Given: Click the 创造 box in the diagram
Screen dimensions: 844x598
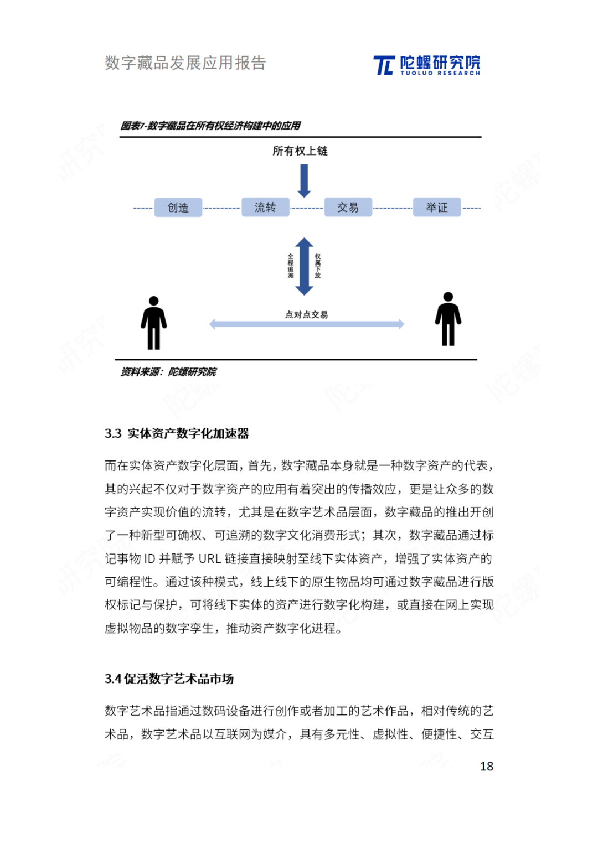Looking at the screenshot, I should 178,208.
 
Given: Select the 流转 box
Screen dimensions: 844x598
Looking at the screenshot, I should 265,208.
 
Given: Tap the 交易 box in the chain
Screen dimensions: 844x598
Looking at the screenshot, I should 348,208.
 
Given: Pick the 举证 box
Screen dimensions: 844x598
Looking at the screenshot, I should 436,208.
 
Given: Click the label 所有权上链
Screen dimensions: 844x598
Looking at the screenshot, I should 300,151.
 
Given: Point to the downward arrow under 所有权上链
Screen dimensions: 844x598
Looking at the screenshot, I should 304,181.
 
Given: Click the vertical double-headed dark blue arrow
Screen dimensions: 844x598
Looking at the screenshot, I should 304,266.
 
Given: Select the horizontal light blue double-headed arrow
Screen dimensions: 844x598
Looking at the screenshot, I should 307,324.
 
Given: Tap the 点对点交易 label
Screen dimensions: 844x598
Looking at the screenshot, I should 306,314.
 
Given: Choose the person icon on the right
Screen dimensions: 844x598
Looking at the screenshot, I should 448,319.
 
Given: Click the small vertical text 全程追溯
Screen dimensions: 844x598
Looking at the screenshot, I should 291,266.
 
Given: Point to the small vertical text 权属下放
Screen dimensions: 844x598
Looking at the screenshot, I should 317,266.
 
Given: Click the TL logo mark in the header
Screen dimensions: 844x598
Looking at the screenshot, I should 384,65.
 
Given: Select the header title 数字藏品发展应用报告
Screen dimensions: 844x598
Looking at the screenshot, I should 185,63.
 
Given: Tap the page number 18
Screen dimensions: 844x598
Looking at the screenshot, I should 486,766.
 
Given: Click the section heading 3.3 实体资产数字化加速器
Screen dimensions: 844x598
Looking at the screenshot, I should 177,433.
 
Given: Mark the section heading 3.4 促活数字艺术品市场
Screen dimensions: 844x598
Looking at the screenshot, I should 169,679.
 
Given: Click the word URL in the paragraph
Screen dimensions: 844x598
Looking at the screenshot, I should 210,558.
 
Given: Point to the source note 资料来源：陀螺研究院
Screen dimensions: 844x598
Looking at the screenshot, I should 168,372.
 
